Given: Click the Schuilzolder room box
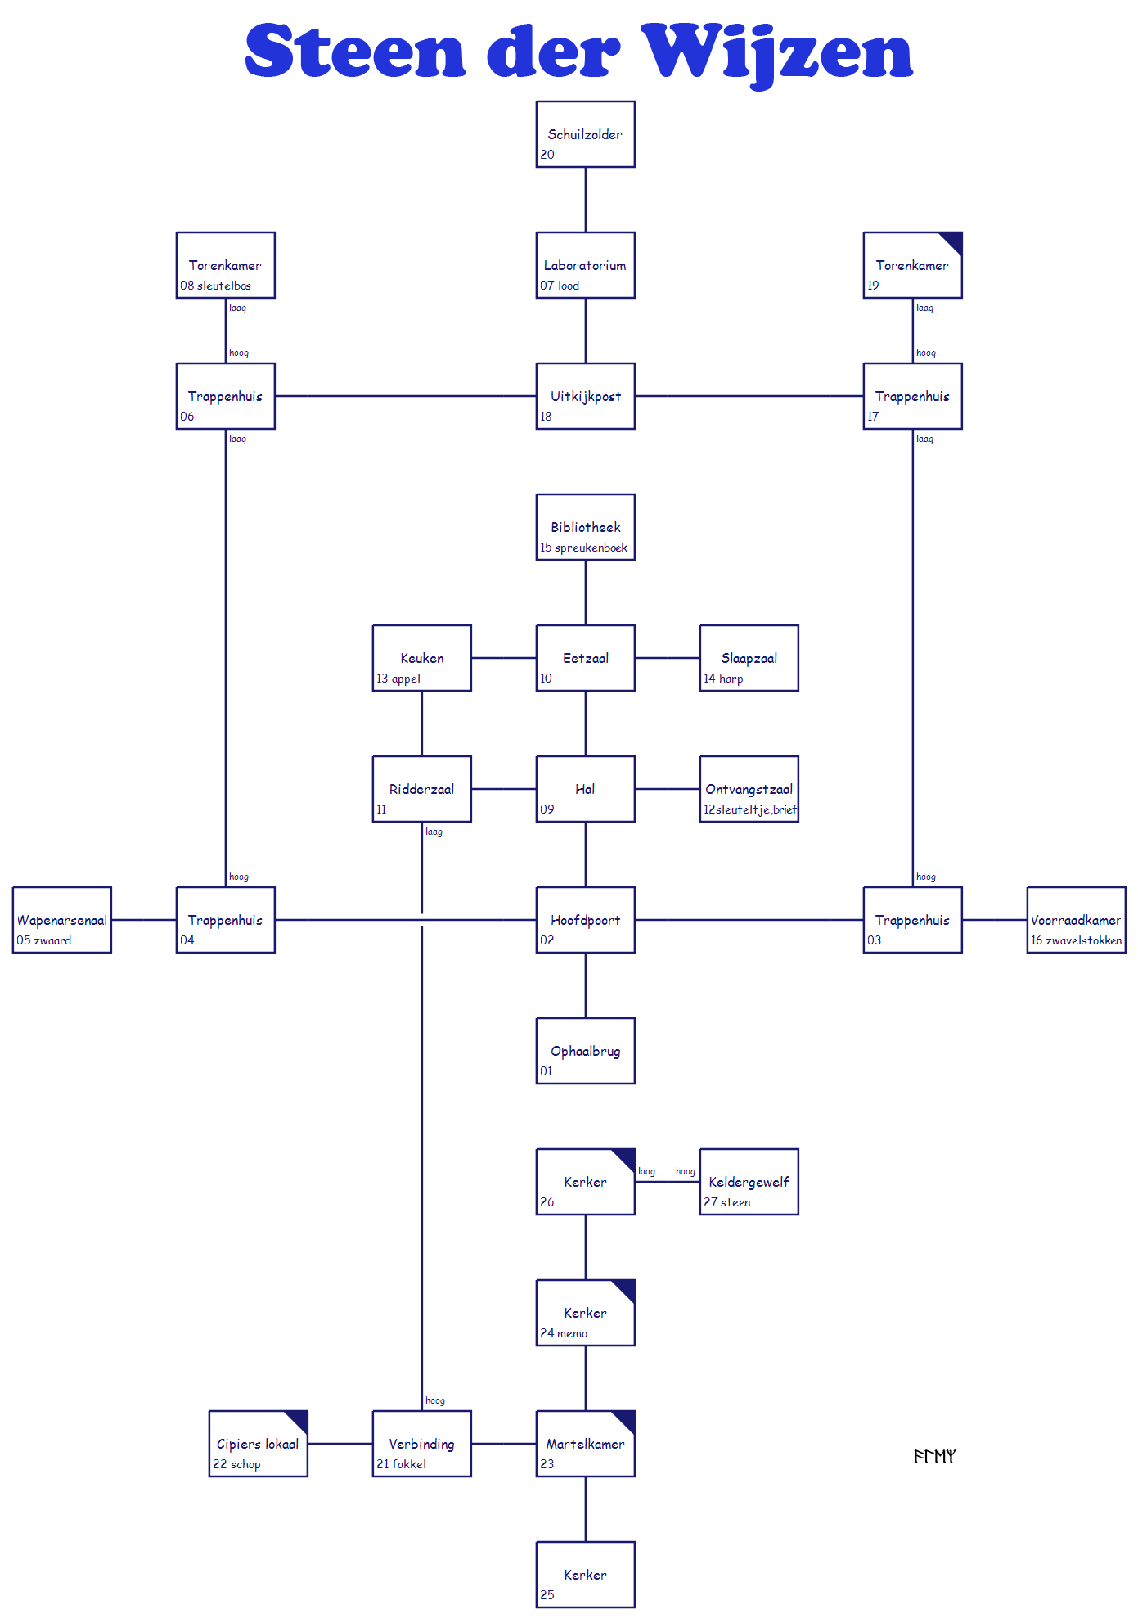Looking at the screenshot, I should [x=585, y=134].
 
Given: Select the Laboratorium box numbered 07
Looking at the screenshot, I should [x=585, y=265].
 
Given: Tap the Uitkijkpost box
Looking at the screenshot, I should [x=585, y=396].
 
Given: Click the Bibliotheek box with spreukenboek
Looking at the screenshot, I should [x=585, y=527].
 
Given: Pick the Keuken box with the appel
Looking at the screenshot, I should [x=421, y=658].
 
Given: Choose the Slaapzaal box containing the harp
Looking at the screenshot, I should [x=749, y=658].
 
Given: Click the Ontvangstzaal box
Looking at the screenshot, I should [x=749, y=789].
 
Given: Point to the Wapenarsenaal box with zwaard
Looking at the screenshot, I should [x=61, y=920].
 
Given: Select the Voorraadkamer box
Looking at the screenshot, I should [x=1076, y=920].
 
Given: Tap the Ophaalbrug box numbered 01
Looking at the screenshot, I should [x=585, y=1051].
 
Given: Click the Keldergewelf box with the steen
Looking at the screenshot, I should [x=749, y=1182].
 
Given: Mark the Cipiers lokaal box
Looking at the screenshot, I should [x=258, y=1444].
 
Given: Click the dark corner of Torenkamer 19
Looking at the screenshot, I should [x=953, y=241].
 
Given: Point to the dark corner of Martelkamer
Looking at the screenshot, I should [x=626, y=1420].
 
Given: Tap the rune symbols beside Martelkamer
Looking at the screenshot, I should [x=934, y=1456].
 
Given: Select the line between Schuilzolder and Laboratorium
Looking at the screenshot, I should [x=585, y=200].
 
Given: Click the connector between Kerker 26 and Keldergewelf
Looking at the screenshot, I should [x=667, y=1182].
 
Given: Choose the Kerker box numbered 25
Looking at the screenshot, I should [x=585, y=1575].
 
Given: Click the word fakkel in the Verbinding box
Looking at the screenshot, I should [x=409, y=1464].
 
